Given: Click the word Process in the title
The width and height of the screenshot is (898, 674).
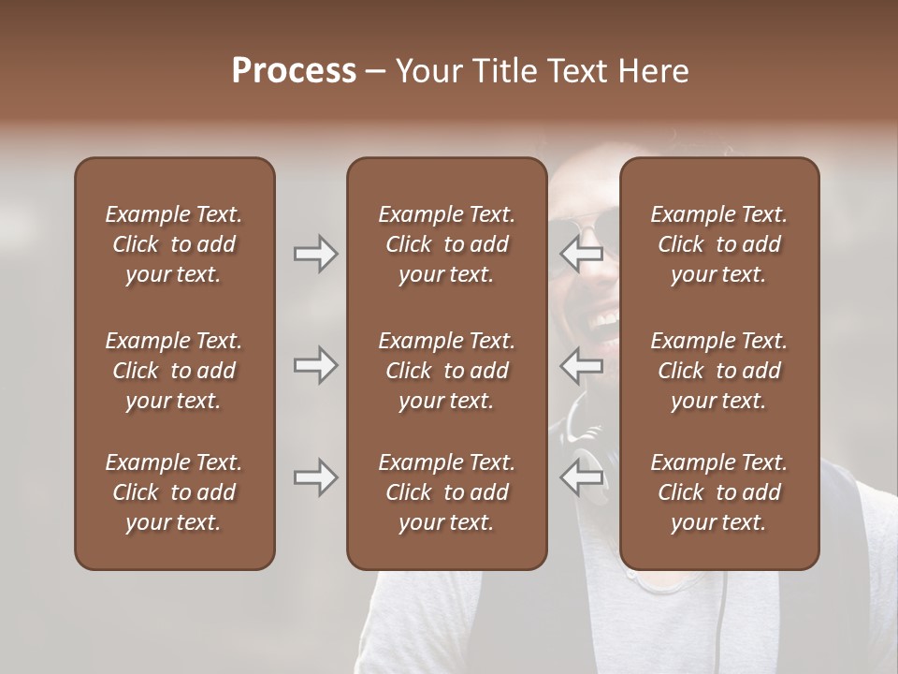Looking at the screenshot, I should (294, 71).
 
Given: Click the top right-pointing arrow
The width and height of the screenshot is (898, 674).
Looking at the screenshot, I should (316, 254).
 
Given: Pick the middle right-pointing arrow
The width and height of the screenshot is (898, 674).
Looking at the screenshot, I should (316, 365).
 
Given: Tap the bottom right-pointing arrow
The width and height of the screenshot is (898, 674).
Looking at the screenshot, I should (316, 477).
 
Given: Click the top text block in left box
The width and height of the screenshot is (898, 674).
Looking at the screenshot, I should (174, 244).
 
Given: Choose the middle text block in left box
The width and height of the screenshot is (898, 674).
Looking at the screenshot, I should (174, 371).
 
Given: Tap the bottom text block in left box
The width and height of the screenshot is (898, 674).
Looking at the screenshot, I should (174, 492).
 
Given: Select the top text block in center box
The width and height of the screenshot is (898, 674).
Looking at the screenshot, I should (447, 244).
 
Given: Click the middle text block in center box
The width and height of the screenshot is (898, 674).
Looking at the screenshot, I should (447, 371).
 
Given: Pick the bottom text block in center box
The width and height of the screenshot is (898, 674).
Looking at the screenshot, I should (447, 492).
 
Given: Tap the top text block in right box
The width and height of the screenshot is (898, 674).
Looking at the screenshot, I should (719, 244).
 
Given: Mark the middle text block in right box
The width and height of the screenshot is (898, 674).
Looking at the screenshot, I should (719, 371).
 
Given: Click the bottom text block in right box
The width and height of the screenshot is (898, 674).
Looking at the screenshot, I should (719, 492).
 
